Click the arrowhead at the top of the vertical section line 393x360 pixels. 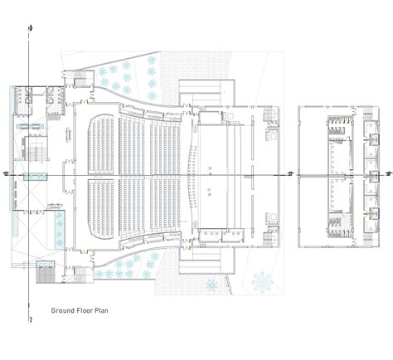pos(31,28)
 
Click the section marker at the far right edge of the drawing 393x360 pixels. pos(386,174)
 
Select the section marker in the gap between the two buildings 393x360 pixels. pos(290,174)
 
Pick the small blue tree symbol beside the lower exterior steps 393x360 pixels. pos(214,285)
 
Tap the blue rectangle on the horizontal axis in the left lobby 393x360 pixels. pos(35,177)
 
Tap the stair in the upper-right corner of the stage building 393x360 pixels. pos(271,116)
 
